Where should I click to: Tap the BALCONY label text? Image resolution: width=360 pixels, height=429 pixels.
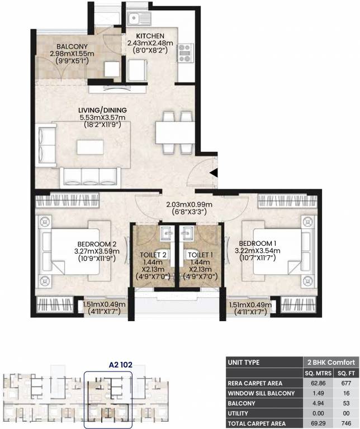[x=71, y=47]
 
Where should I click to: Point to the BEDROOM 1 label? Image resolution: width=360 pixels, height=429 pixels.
[x=258, y=244]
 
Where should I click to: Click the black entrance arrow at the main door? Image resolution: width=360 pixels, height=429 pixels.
[x=214, y=174]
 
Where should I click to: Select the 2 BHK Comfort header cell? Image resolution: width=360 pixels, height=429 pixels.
[x=326, y=362]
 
